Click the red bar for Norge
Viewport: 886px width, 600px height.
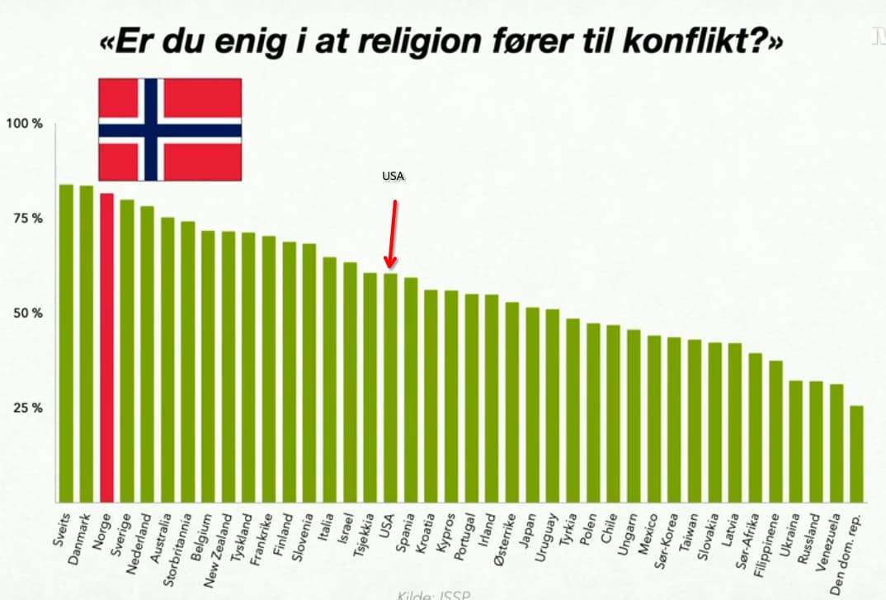click(x=106, y=347)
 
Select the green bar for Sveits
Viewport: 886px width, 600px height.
click(x=66, y=343)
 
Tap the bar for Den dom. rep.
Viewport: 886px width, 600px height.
click(x=857, y=453)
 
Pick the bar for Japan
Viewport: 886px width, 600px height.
click(x=533, y=404)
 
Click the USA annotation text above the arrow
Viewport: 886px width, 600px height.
click(x=394, y=177)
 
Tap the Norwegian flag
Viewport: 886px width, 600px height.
click(x=170, y=130)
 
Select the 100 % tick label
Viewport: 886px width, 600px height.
click(x=25, y=124)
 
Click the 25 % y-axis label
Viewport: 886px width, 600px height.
click(x=26, y=408)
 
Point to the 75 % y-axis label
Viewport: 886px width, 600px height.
click(x=26, y=219)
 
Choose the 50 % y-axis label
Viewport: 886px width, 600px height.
click(x=26, y=314)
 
